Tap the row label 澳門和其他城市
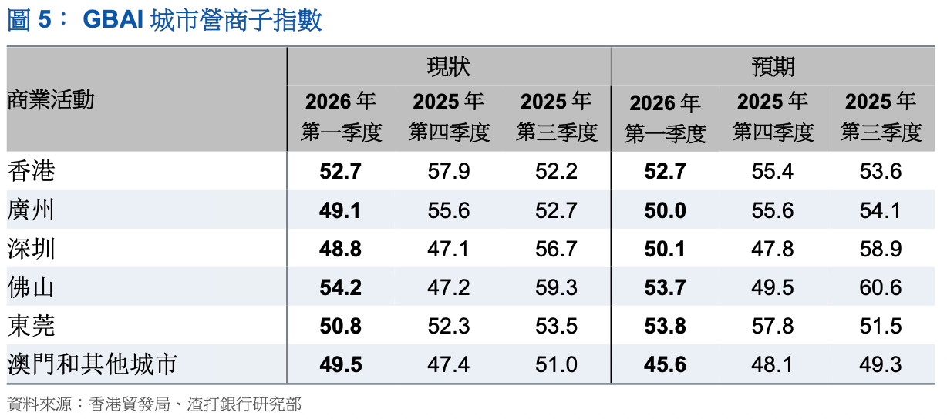click(92, 364)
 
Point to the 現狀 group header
click(448, 66)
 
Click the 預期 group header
click(773, 66)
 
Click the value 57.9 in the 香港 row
click(448, 171)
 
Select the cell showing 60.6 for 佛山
click(881, 287)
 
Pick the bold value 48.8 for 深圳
click(340, 249)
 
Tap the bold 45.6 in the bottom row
click(665, 364)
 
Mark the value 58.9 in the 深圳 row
click(881, 249)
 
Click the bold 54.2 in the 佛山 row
click(340, 287)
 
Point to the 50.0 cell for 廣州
click(665, 210)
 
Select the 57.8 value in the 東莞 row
click(773, 326)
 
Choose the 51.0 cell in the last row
click(556, 364)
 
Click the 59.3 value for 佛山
click(556, 287)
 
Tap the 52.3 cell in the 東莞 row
click(448, 326)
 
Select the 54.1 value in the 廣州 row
click(881, 210)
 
